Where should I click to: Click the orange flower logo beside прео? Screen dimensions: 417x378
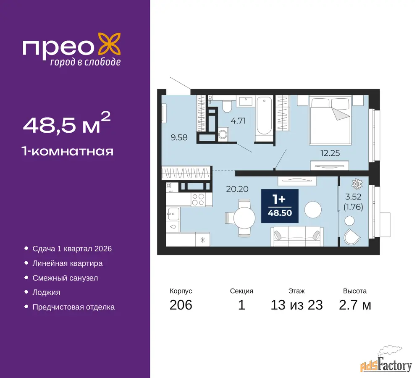tap(110, 45)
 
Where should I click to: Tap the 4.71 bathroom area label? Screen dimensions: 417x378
tap(238, 121)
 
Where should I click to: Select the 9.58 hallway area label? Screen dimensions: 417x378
tap(179, 137)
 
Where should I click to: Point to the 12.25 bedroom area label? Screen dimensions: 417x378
tap(330, 153)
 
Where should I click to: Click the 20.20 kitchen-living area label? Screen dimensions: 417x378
tap(237, 189)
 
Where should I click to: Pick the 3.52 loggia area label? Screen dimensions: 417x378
tap(353, 197)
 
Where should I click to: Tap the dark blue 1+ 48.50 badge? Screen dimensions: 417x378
tap(280, 206)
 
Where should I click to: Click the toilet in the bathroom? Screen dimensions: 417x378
tap(227, 106)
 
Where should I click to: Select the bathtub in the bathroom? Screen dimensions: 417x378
tap(264, 116)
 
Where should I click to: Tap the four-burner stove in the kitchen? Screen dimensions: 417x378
tap(198, 199)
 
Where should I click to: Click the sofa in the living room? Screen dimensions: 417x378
tap(297, 236)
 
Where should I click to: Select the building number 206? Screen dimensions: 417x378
tap(181, 305)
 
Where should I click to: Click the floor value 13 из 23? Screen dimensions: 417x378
tap(296, 305)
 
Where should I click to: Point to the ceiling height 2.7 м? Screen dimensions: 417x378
tap(355, 305)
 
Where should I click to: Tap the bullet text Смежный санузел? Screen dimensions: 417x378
tap(65, 278)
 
